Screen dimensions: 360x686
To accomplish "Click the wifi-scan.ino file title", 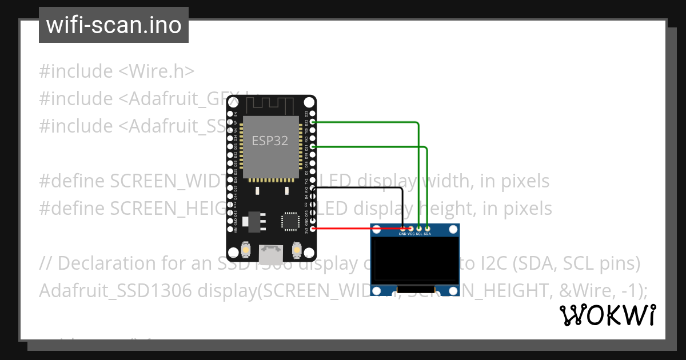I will click(x=114, y=25).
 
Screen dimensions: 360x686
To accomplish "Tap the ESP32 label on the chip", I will click(x=270, y=141).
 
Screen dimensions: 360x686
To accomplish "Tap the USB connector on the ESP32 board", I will click(x=271, y=252).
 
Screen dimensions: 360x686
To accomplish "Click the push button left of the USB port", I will click(x=245, y=250).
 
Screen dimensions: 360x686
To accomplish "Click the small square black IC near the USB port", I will click(x=289, y=222).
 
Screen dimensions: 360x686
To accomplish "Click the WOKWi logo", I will click(x=608, y=315).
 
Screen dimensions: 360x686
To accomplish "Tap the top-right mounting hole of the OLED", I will click(x=453, y=230).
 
